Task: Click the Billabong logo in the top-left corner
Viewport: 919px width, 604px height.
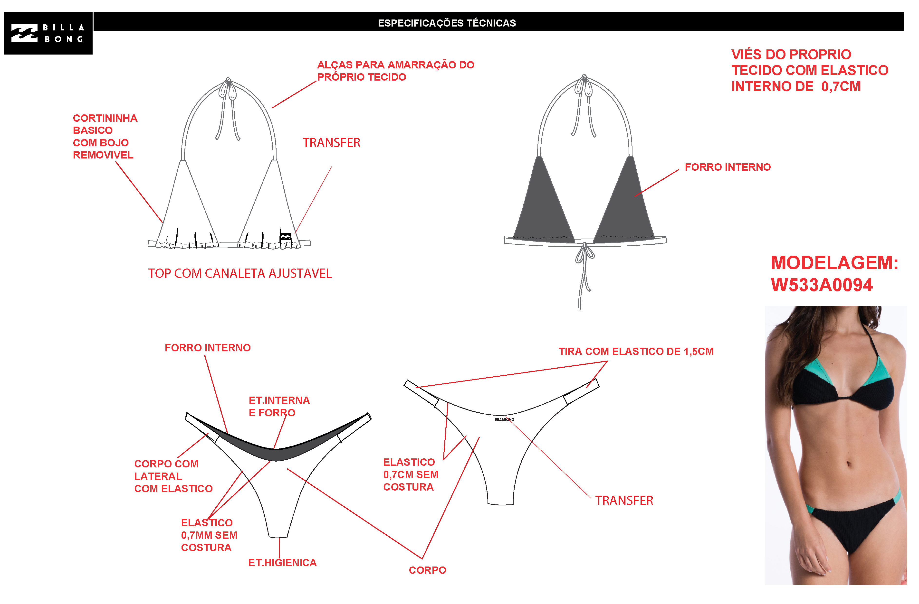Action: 48,33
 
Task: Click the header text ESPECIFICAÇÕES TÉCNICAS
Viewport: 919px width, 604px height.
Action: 447,23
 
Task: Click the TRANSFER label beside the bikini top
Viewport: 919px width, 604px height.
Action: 331,143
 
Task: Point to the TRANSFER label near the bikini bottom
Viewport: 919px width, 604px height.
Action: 624,501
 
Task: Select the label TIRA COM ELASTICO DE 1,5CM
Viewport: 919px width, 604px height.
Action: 636,352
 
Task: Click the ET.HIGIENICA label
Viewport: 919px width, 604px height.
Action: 282,563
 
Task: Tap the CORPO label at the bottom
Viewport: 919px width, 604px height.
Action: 427,570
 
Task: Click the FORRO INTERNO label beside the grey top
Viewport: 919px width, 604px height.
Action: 728,167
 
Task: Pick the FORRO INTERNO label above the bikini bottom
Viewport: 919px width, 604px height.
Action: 208,348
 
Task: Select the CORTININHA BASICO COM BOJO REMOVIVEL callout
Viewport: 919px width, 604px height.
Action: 105,137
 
